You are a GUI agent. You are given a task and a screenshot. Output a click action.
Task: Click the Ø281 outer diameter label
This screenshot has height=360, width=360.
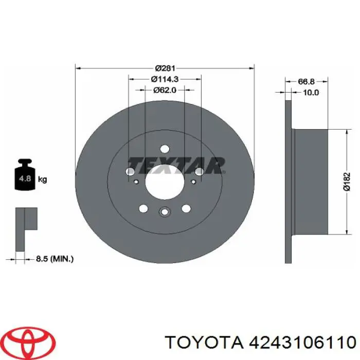coord(165,68)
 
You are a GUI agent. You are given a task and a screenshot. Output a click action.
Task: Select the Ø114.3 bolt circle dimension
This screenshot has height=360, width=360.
coord(165,79)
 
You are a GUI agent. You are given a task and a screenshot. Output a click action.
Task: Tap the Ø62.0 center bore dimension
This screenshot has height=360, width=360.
coord(165,90)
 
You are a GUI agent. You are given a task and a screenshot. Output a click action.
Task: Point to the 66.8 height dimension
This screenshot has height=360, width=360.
coord(307,81)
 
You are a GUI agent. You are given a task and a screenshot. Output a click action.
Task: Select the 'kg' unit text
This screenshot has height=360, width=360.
coord(43,179)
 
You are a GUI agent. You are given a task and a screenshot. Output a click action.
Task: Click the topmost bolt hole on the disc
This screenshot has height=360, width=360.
coord(165,149)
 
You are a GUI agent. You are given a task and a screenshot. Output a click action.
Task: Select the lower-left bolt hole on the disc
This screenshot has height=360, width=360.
coord(143,208)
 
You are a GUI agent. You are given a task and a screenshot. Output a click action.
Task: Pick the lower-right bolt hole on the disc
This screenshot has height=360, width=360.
coord(186,208)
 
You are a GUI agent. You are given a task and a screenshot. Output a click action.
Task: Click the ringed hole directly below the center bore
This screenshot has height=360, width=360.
coord(165,211)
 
